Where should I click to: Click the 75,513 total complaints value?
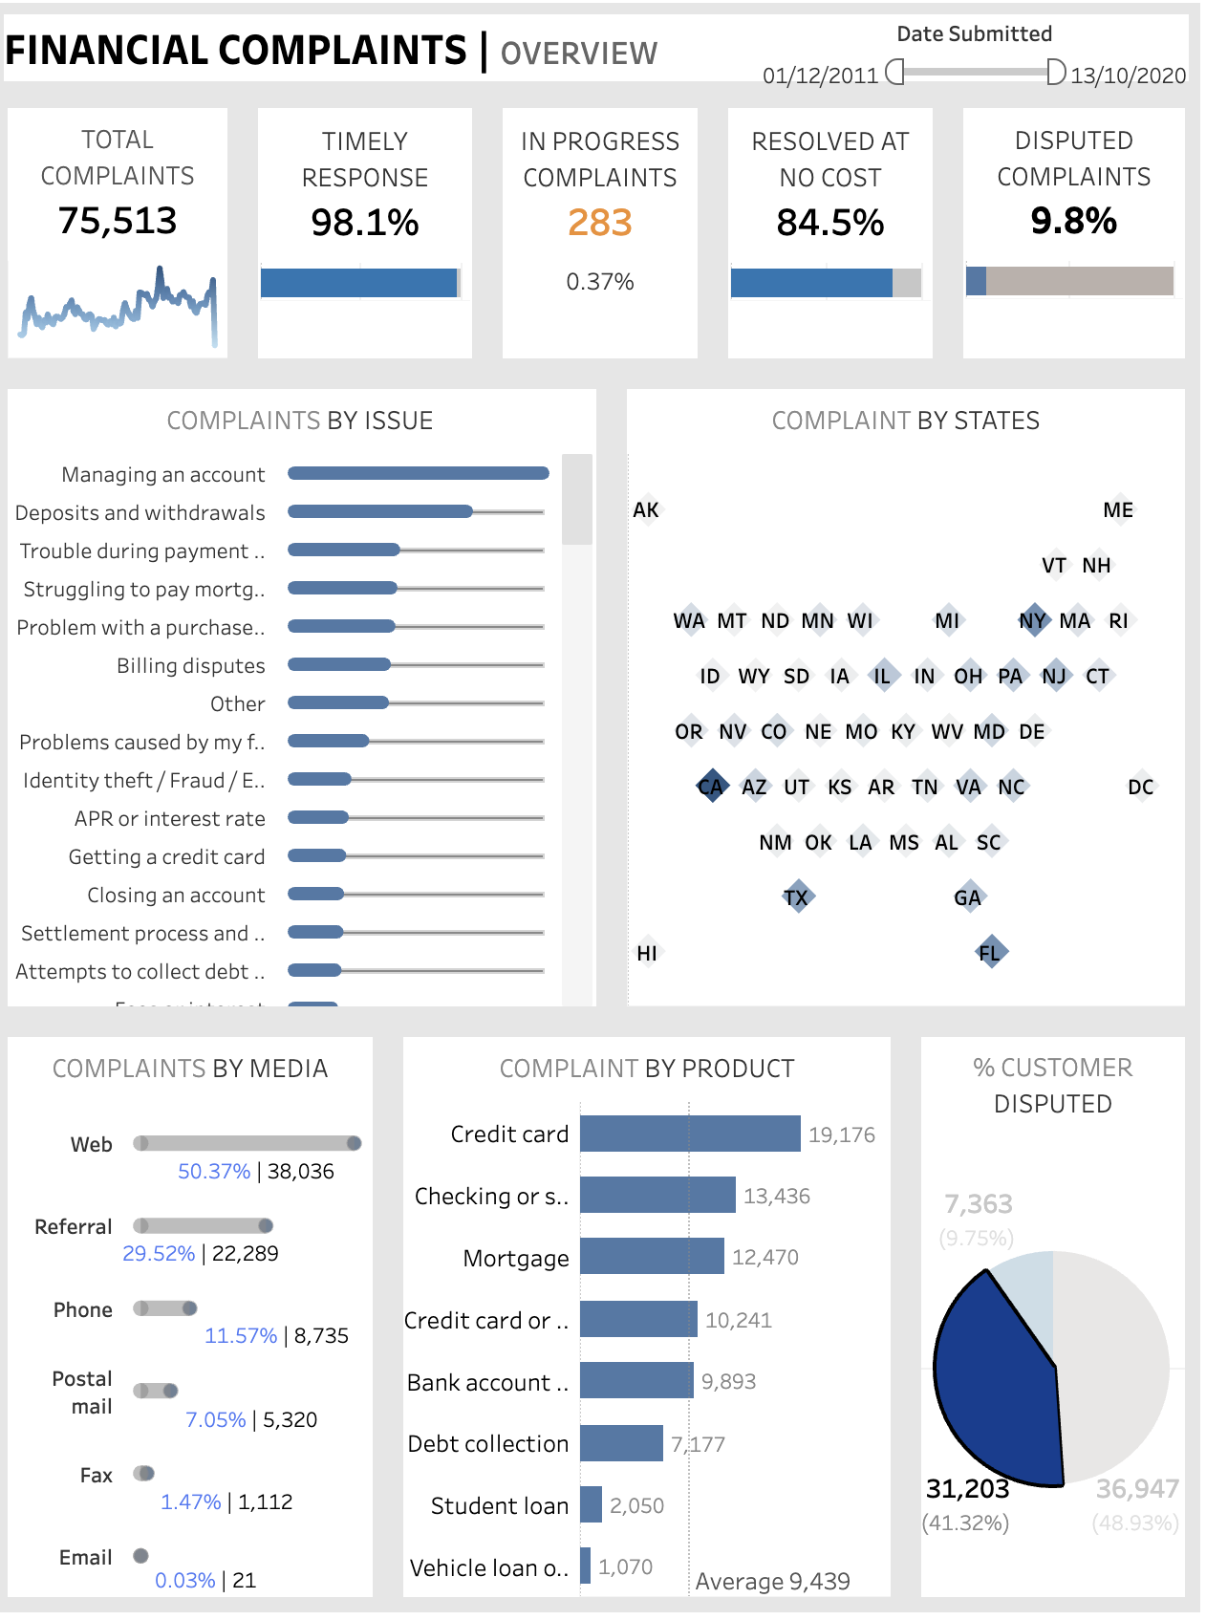(118, 221)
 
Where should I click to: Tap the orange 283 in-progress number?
(600, 223)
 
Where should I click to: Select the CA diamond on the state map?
(711, 787)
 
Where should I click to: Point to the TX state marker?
(796, 897)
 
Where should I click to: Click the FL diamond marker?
(990, 952)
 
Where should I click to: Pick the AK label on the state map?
(646, 510)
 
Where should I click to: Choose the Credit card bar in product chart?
(690, 1134)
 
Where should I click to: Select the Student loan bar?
(591, 1504)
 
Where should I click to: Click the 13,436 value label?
(776, 1196)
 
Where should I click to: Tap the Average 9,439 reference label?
(772, 1581)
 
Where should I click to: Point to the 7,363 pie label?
(978, 1203)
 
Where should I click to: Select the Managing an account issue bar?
(418, 473)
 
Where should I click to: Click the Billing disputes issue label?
(190, 666)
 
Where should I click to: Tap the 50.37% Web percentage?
(214, 1171)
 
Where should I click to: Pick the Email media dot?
(140, 1555)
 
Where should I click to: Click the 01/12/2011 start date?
(820, 76)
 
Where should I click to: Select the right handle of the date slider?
(1055, 72)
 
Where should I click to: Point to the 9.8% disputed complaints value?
(1073, 221)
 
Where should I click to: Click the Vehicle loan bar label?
(488, 1567)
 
